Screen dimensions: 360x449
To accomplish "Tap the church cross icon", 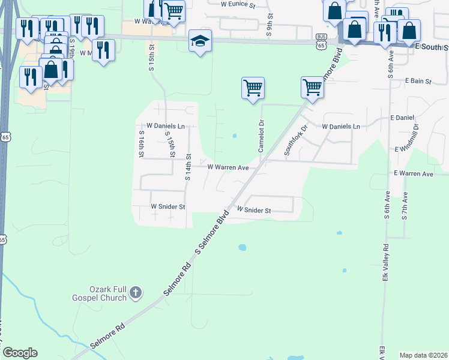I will click(136, 293).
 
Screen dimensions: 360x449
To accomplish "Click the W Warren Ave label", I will click(228, 168).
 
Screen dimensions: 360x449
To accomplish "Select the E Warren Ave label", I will click(413, 174).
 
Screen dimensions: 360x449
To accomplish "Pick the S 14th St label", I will click(188, 167).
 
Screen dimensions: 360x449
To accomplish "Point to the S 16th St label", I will click(142, 145).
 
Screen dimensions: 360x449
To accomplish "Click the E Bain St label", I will click(419, 80).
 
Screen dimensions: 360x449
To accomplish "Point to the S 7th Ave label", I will click(406, 206).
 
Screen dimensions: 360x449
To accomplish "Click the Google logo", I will click(20, 353).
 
